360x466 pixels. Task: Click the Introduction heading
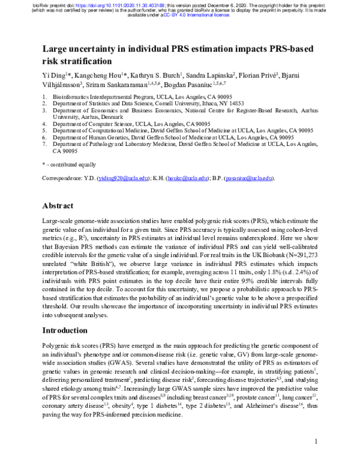(x=70, y=331)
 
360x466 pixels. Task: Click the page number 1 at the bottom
(x=315, y=458)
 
